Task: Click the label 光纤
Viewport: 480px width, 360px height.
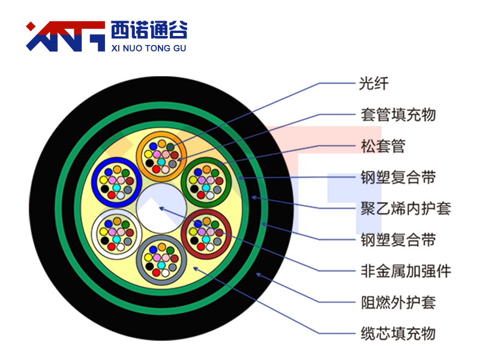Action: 374,83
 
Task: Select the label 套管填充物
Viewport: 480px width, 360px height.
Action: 398,115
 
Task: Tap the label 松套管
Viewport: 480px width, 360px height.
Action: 383,146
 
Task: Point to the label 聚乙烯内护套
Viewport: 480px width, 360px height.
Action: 406,209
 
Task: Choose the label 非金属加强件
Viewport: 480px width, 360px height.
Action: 406,271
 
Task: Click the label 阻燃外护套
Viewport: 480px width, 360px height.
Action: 398,302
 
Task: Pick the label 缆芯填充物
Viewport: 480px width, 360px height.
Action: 398,334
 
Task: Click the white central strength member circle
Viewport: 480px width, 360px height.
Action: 161,208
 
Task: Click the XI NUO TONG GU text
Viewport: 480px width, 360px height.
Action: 149,49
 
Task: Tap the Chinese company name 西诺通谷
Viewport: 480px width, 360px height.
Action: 149,30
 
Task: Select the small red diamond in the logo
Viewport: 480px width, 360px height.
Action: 31,26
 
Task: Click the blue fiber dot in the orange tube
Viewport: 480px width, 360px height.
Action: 154,146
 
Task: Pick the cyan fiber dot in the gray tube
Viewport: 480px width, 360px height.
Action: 161,265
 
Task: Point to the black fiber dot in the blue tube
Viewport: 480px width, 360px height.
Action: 104,189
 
